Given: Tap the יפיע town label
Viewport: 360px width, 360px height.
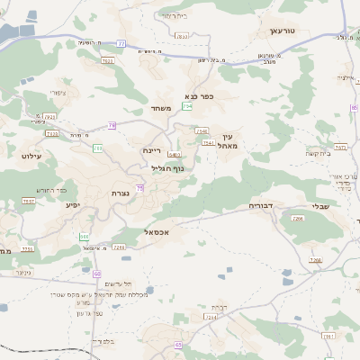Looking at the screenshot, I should (73, 204).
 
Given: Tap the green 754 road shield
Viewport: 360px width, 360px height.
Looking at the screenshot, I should (187, 107).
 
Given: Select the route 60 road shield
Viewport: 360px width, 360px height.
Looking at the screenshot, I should (96, 273).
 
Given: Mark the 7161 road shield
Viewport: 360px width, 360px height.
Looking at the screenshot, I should (328, 336).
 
